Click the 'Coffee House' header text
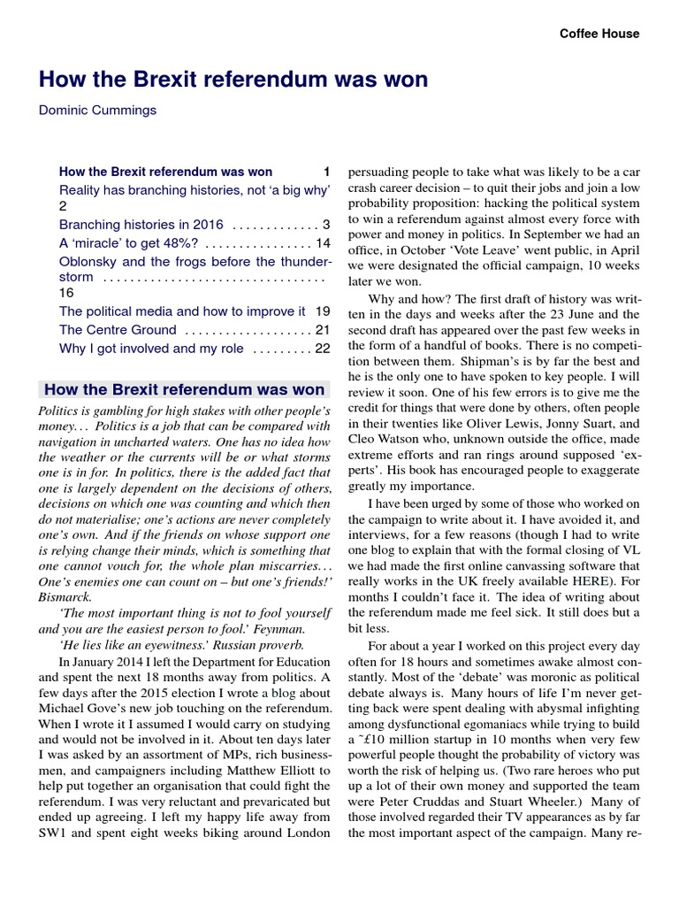[599, 34]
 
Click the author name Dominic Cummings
[98, 111]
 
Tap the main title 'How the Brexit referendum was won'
[233, 80]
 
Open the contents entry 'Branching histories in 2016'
[141, 224]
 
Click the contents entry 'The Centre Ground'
[118, 330]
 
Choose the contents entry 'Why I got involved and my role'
[151, 349]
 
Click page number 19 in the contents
[322, 311]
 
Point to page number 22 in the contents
[322, 349]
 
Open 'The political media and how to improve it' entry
[182, 311]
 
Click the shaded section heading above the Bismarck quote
[184, 388]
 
